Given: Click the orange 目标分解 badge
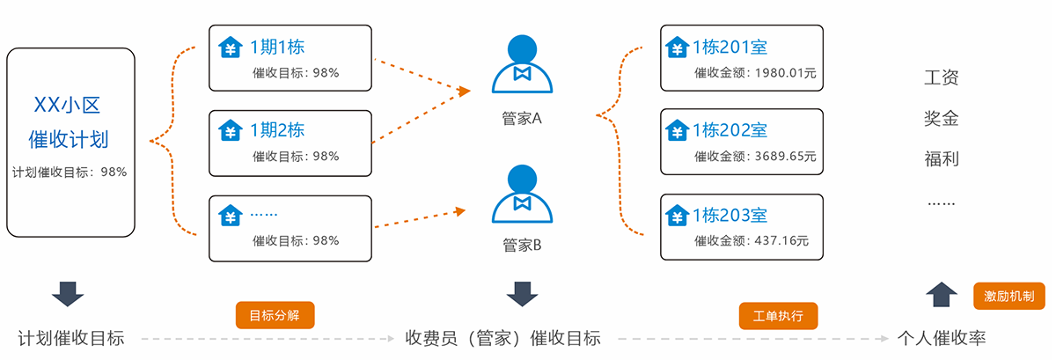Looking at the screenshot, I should (275, 315).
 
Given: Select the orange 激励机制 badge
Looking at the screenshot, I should (1008, 295).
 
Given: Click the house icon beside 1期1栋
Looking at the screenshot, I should (231, 47).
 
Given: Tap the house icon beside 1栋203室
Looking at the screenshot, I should (677, 215).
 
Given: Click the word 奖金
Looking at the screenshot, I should (941, 119).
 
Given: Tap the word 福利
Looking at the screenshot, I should (941, 159).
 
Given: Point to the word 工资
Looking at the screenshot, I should (941, 77).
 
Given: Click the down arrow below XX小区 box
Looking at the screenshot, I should (67, 293).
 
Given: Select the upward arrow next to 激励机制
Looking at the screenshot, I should (942, 294).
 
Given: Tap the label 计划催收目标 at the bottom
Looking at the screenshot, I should (71, 338).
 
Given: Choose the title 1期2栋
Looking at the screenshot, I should (277, 130).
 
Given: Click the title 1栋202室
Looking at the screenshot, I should (730, 130).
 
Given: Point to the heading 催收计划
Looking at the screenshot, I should (69, 139).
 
